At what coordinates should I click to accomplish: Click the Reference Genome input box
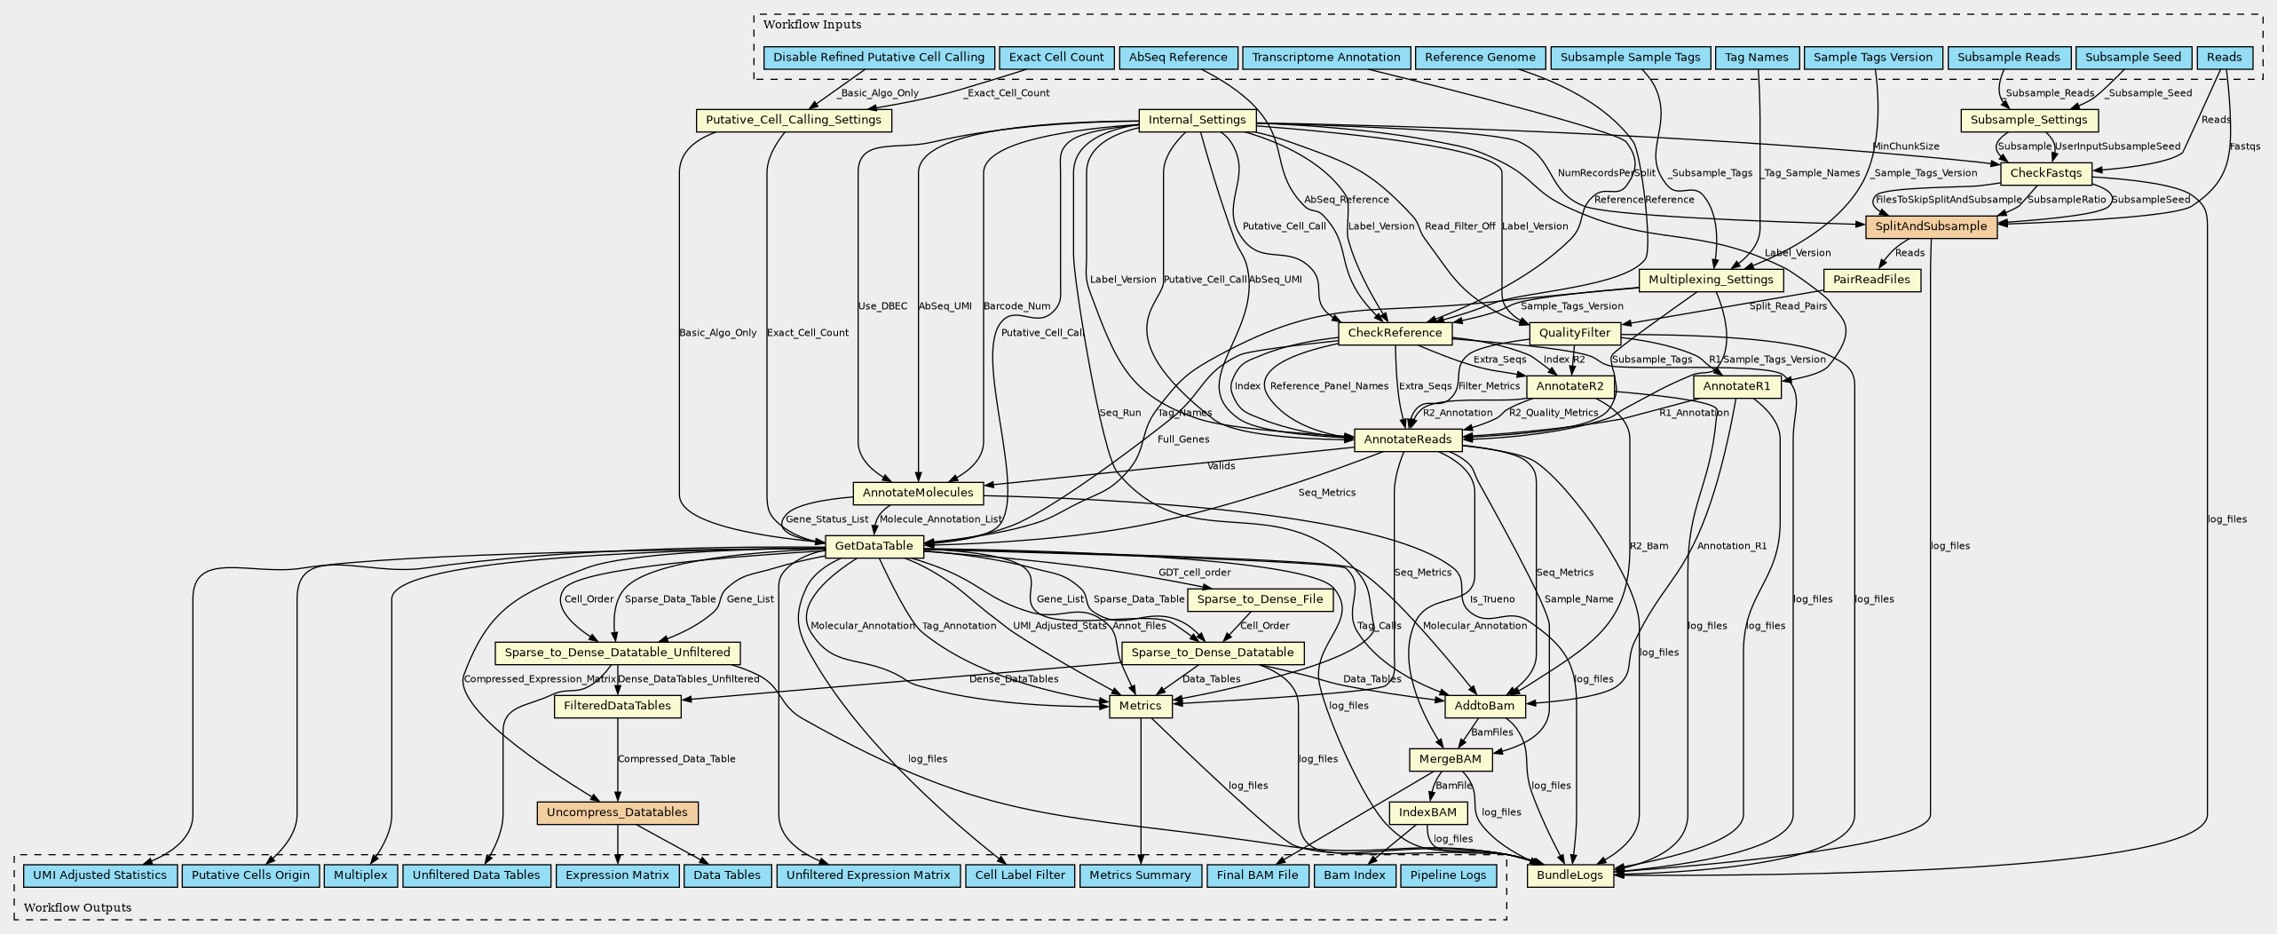[x=1480, y=58]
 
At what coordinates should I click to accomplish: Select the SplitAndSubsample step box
[x=1931, y=226]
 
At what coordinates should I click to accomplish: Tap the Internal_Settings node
[x=1197, y=120]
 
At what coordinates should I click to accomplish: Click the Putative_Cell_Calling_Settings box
[x=794, y=120]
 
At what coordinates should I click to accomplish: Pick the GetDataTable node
[x=874, y=546]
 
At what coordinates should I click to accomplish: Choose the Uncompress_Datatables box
[x=617, y=812]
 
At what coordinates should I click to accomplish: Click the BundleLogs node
[x=1570, y=875]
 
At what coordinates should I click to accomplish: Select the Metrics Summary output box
[x=1140, y=875]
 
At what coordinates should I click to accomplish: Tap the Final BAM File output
[x=1257, y=875]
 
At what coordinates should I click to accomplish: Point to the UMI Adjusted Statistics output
[x=99, y=875]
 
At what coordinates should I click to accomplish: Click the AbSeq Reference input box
[x=1178, y=58]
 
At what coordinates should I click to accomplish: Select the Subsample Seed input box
[x=2132, y=58]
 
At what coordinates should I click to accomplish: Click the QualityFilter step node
[x=1575, y=333]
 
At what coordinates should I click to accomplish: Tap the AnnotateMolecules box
[x=918, y=493]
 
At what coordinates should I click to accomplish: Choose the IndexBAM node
[x=1427, y=812]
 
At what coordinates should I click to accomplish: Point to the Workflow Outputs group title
[x=77, y=907]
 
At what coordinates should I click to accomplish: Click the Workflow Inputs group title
[x=811, y=25]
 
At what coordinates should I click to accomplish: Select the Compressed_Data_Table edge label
[x=676, y=759]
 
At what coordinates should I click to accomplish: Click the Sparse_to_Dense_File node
[x=1260, y=599]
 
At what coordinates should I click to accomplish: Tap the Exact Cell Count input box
[x=1056, y=58]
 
